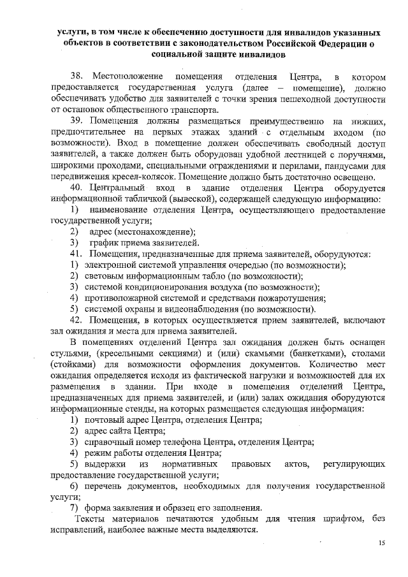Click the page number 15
[x=382, y=543]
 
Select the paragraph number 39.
[x=78, y=121]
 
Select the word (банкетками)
[x=300, y=353]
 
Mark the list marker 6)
[x=77, y=486]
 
